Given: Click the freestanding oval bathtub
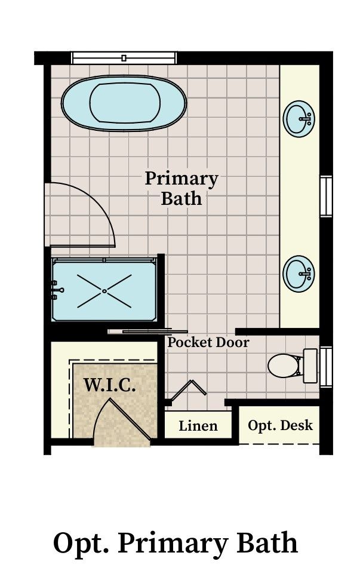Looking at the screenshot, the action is (124, 103).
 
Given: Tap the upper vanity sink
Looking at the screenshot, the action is (299, 119).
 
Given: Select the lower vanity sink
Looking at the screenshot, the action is (299, 274).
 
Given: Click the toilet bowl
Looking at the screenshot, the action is (284, 366).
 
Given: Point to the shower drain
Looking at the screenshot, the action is (104, 291).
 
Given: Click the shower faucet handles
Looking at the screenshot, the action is (57, 290).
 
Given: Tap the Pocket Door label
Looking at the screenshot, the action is (208, 342).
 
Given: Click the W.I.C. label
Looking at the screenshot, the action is (110, 385).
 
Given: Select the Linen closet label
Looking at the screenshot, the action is (198, 426).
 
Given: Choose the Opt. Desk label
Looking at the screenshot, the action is (280, 425).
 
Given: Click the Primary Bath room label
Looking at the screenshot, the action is (181, 188).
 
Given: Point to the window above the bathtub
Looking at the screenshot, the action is (124, 58).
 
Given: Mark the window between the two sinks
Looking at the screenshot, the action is (326, 197).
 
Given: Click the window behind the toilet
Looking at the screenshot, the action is (326, 367).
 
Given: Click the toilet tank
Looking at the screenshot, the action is (310, 366).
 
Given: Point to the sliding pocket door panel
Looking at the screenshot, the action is (147, 331).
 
